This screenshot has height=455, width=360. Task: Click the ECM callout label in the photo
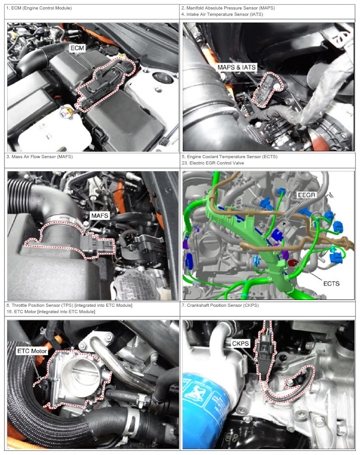click(77, 48)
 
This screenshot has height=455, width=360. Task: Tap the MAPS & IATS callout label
click(237, 67)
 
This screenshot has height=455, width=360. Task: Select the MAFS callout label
click(99, 216)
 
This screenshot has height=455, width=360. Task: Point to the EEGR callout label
click(307, 195)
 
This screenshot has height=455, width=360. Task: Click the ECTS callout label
click(331, 283)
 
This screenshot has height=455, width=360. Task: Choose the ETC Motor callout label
click(32, 351)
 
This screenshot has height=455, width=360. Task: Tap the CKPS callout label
click(240, 343)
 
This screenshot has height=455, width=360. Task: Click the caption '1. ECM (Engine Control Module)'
click(39, 8)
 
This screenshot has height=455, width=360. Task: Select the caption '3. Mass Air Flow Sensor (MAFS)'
click(39, 157)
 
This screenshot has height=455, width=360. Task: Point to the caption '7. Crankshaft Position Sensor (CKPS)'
click(220, 305)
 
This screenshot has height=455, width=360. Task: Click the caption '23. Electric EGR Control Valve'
click(213, 163)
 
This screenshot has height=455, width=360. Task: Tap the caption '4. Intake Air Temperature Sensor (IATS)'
click(222, 14)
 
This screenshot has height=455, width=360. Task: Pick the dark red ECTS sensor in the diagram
click(292, 263)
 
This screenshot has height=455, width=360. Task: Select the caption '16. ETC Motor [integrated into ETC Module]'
click(51, 312)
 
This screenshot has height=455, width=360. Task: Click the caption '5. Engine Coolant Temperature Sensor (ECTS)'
click(230, 157)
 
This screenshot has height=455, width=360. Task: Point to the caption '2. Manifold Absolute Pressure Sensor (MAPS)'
click(228, 8)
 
